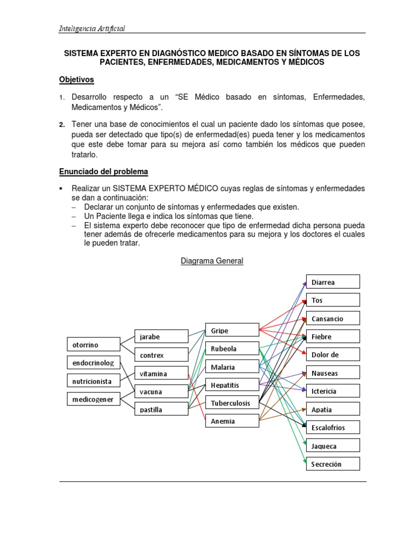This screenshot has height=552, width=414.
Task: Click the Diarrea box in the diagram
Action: [333, 282]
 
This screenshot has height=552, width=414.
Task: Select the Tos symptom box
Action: [333, 300]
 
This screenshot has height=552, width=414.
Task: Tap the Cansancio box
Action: [333, 319]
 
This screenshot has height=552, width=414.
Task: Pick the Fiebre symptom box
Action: [333, 337]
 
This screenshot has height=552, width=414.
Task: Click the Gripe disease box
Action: [232, 330]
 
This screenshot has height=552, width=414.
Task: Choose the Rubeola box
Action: [232, 348]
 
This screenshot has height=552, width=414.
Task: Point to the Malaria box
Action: [232, 367]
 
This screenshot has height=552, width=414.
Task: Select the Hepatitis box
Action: [232, 385]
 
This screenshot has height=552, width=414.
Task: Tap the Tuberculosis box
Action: [232, 403]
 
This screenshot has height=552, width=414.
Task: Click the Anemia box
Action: [232, 421]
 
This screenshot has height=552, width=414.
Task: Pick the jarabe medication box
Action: [161, 337]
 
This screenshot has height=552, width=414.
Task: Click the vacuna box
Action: [161, 391]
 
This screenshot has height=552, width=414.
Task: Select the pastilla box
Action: [161, 410]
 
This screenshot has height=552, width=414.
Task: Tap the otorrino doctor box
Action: [93, 344]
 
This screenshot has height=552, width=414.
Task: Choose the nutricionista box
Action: [93, 381]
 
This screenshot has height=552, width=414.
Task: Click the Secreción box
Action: [333, 464]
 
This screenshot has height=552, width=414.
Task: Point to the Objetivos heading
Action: [77, 80]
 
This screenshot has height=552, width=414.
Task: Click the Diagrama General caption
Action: [211, 261]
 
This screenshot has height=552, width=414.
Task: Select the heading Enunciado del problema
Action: [103, 171]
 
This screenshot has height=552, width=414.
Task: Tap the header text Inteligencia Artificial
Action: [92, 29]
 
